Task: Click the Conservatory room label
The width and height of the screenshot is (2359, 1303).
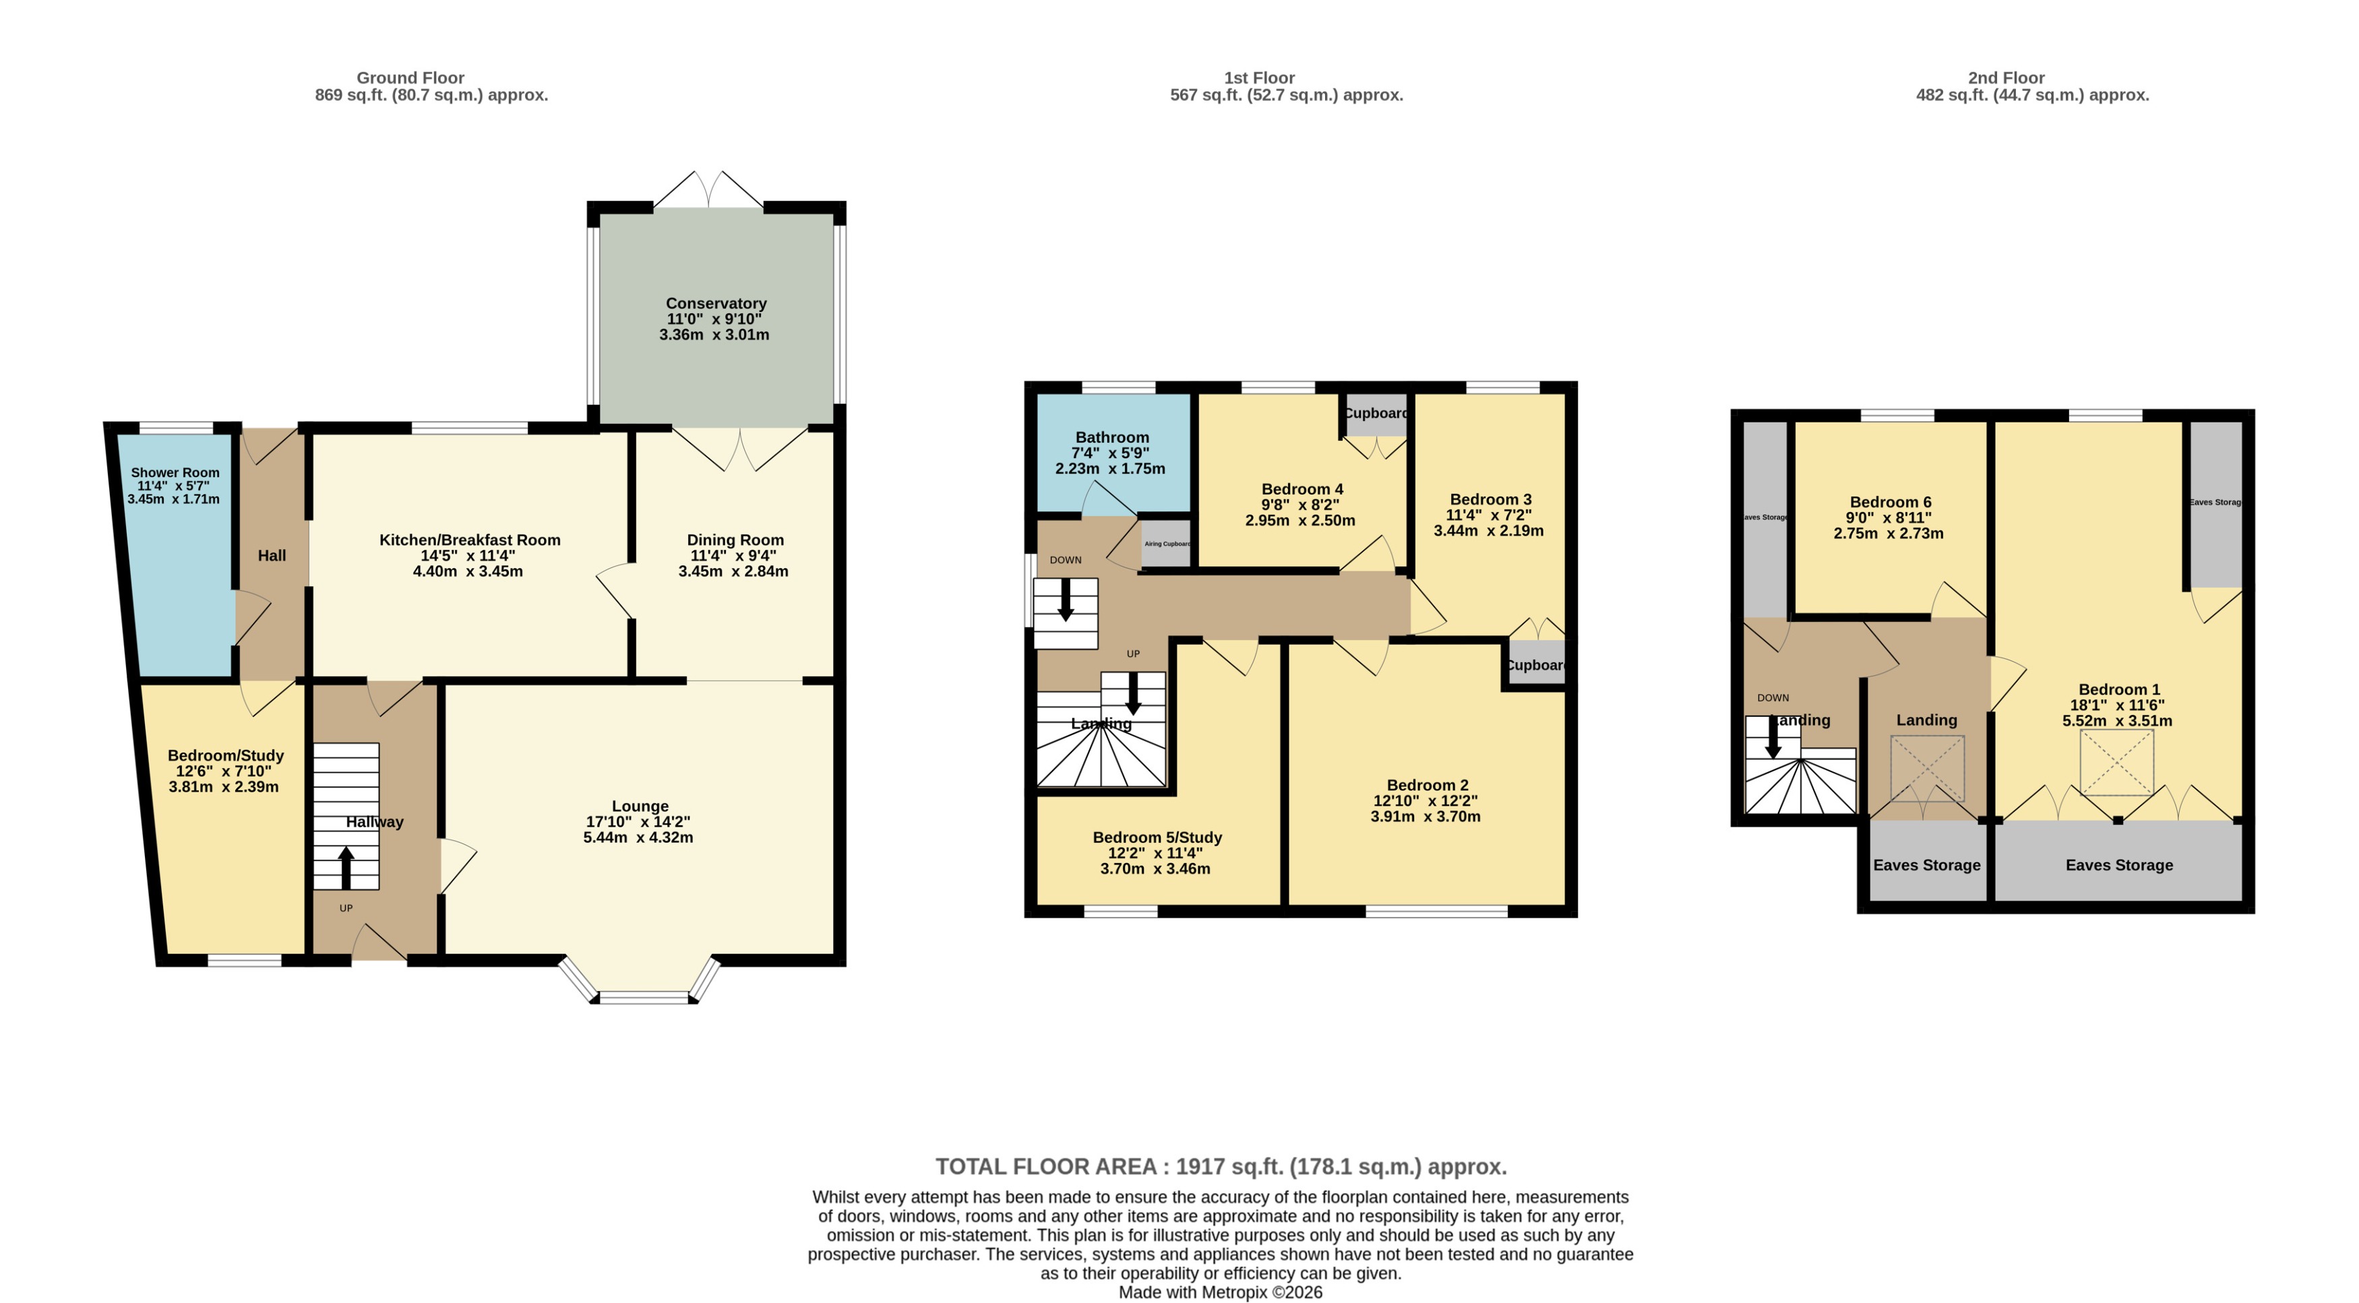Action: click(715, 303)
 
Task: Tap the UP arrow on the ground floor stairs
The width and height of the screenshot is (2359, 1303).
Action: click(345, 867)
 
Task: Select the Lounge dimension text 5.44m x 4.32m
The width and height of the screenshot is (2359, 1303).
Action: click(638, 837)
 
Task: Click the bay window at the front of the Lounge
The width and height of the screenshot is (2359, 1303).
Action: click(643, 996)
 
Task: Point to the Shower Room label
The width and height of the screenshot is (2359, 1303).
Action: click(175, 472)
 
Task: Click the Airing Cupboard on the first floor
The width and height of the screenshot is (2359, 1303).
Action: click(1167, 543)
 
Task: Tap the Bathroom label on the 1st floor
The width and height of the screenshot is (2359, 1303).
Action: click(1111, 437)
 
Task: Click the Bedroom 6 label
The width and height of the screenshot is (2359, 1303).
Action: click(1890, 502)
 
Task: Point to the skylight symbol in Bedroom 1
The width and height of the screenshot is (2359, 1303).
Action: click(2116, 762)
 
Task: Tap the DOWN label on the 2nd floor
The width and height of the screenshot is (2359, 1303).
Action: click(1773, 698)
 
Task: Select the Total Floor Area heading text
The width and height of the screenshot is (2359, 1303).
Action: click(1220, 1166)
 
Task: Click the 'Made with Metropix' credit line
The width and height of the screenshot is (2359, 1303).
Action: click(1220, 1292)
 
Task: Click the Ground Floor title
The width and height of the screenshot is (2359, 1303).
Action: click(410, 78)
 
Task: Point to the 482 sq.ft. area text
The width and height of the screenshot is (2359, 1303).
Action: click(2032, 95)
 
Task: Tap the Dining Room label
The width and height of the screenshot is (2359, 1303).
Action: click(735, 540)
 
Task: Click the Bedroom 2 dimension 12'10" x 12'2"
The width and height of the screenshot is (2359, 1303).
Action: click(1425, 800)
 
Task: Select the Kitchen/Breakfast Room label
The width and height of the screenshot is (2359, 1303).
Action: click(470, 540)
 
